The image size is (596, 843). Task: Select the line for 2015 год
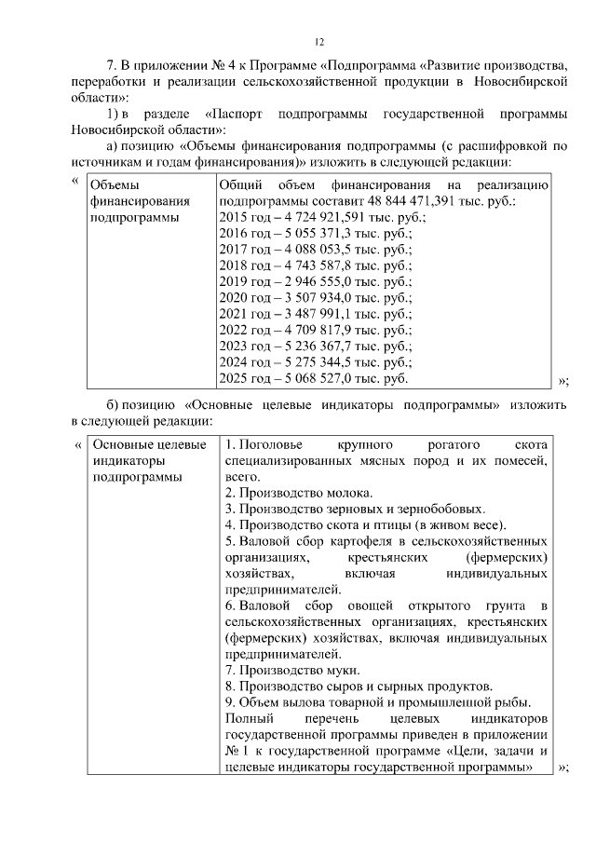tap(321, 217)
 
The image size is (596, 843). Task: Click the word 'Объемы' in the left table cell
tap(116, 184)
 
